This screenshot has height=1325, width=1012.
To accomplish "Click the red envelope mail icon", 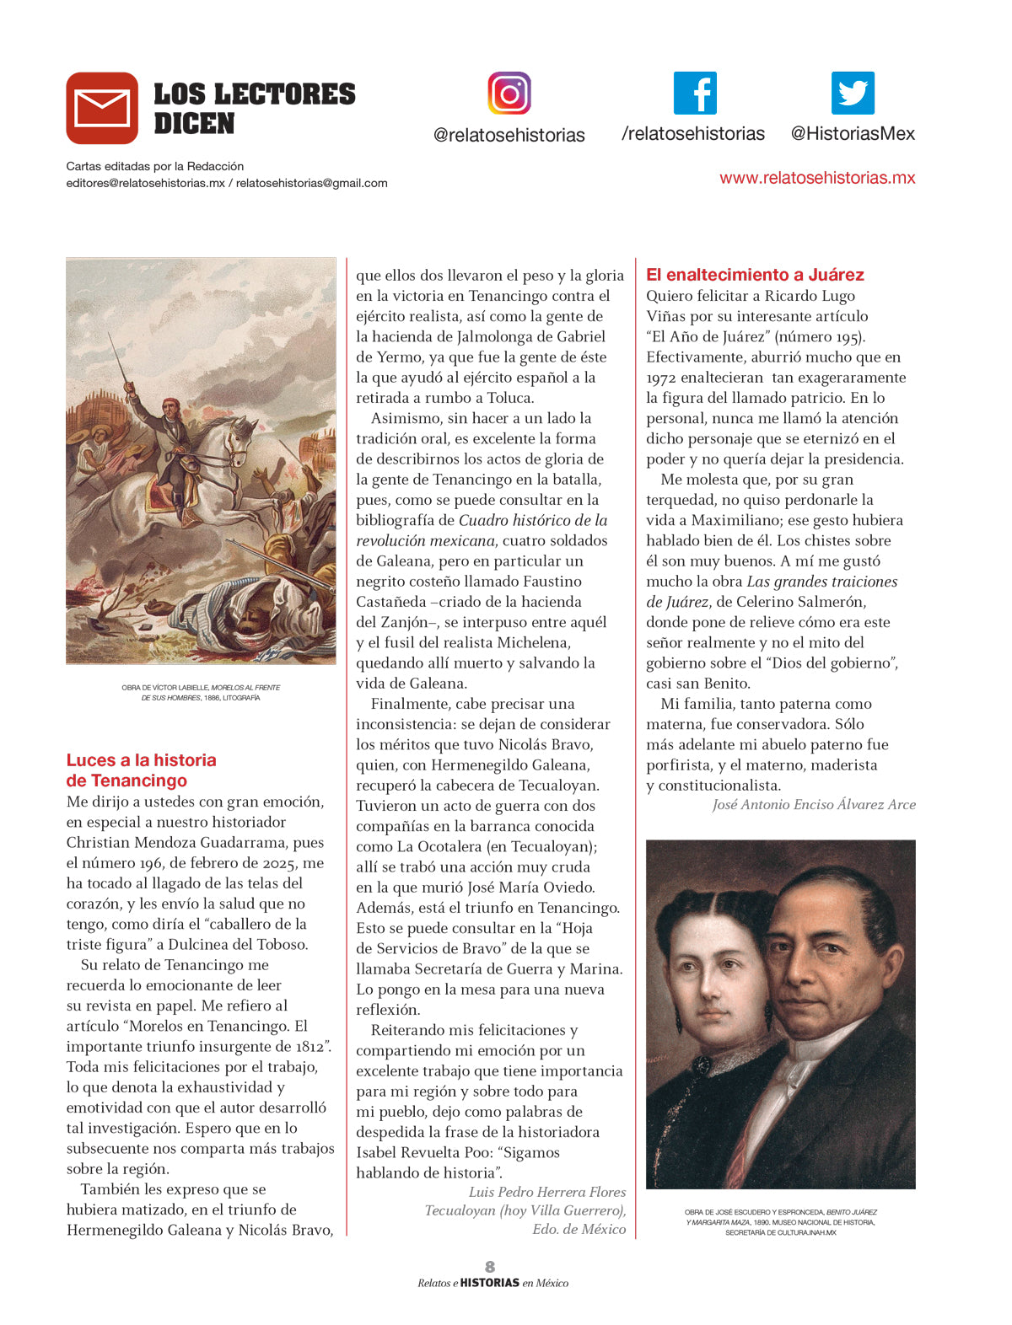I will click(x=102, y=108).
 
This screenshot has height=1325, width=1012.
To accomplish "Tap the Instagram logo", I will click(x=509, y=93).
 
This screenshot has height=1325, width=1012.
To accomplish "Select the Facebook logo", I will click(x=695, y=93).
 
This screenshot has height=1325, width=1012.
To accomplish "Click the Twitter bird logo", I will click(x=853, y=93).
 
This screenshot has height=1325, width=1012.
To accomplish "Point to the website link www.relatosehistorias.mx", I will click(x=816, y=178).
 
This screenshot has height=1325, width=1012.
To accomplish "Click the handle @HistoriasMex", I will click(x=853, y=134).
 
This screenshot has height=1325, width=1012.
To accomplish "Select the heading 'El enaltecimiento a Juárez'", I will click(x=755, y=275).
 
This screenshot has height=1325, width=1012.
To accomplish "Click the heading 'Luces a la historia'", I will click(x=142, y=760).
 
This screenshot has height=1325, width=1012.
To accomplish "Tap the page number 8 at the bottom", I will click(x=490, y=1266).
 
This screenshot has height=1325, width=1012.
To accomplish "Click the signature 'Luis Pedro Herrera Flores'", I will click(x=547, y=1192).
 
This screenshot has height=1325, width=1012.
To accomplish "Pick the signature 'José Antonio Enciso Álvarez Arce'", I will click(x=814, y=805).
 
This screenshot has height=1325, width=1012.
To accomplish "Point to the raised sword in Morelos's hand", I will click(x=119, y=358).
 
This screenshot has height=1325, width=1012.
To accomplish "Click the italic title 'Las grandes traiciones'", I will click(x=822, y=582).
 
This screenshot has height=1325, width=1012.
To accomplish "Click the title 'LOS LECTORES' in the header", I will click(x=255, y=94).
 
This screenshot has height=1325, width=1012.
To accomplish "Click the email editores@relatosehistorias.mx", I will click(x=145, y=183).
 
